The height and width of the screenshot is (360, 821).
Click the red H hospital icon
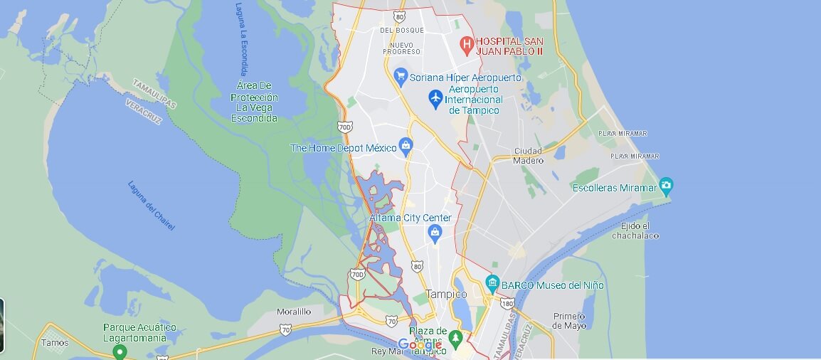467,46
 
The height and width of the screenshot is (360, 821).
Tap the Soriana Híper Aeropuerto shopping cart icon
401,77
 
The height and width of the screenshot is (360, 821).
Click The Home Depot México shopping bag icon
406,147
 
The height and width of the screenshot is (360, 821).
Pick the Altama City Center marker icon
435,232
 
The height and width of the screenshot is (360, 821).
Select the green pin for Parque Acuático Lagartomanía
120,351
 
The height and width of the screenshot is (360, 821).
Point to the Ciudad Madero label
527,155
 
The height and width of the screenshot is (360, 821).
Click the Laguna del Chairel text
151,206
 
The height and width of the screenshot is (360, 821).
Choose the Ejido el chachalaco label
635,231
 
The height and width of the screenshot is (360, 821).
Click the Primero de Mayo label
570,320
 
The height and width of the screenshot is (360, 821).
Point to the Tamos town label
55,343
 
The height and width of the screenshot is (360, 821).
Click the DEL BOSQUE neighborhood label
401,31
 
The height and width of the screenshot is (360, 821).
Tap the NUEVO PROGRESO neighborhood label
401,48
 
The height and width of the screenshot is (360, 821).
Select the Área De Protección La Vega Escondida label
254,102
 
